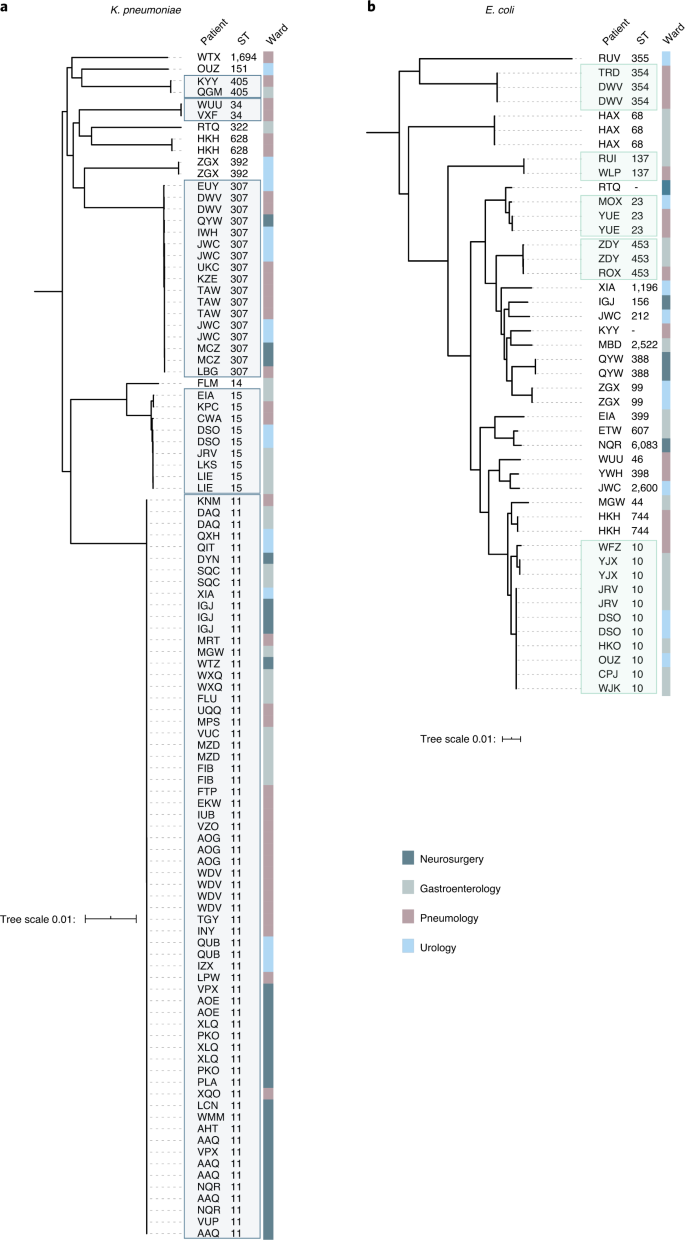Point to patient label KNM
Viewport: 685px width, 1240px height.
pos(208,500)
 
